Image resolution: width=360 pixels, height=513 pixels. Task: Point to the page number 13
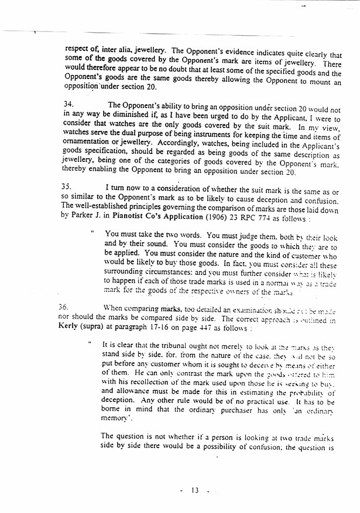tap(194, 489)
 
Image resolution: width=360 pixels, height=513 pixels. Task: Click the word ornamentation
tap(84, 145)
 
